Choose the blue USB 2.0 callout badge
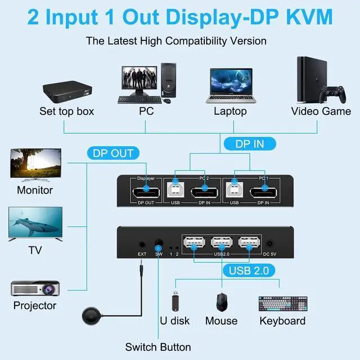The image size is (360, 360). pyautogui.click(x=252, y=271)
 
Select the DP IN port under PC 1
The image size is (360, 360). pyautogui.click(x=263, y=195)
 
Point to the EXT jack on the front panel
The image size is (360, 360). pyautogui.click(x=142, y=245)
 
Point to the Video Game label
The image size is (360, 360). pyautogui.click(x=321, y=111)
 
